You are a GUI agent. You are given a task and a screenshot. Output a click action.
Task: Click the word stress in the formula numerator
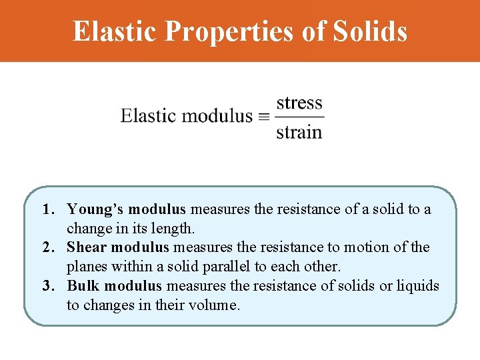299,103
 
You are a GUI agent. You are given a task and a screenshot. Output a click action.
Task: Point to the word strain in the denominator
299,131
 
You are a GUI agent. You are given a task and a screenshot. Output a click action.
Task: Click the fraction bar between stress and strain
299,117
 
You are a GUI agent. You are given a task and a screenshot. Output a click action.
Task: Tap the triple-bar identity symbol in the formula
264,117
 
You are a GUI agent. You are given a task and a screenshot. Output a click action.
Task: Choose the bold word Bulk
83,286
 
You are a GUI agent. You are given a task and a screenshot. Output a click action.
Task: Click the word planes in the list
86,267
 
